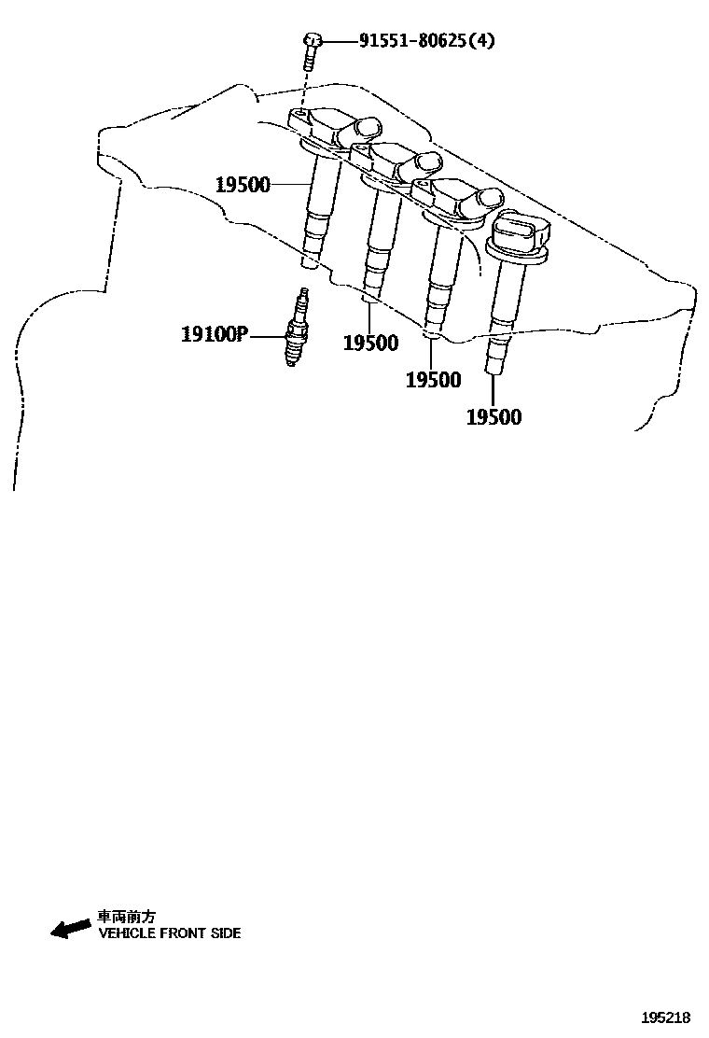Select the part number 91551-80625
click(x=411, y=41)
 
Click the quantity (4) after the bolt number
click(x=481, y=41)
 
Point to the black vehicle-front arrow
click(x=71, y=929)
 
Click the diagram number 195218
click(x=665, y=1017)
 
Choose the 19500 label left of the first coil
click(x=243, y=185)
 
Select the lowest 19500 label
click(x=494, y=417)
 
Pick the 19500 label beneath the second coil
click(x=370, y=343)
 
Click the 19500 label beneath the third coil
click(x=433, y=380)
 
